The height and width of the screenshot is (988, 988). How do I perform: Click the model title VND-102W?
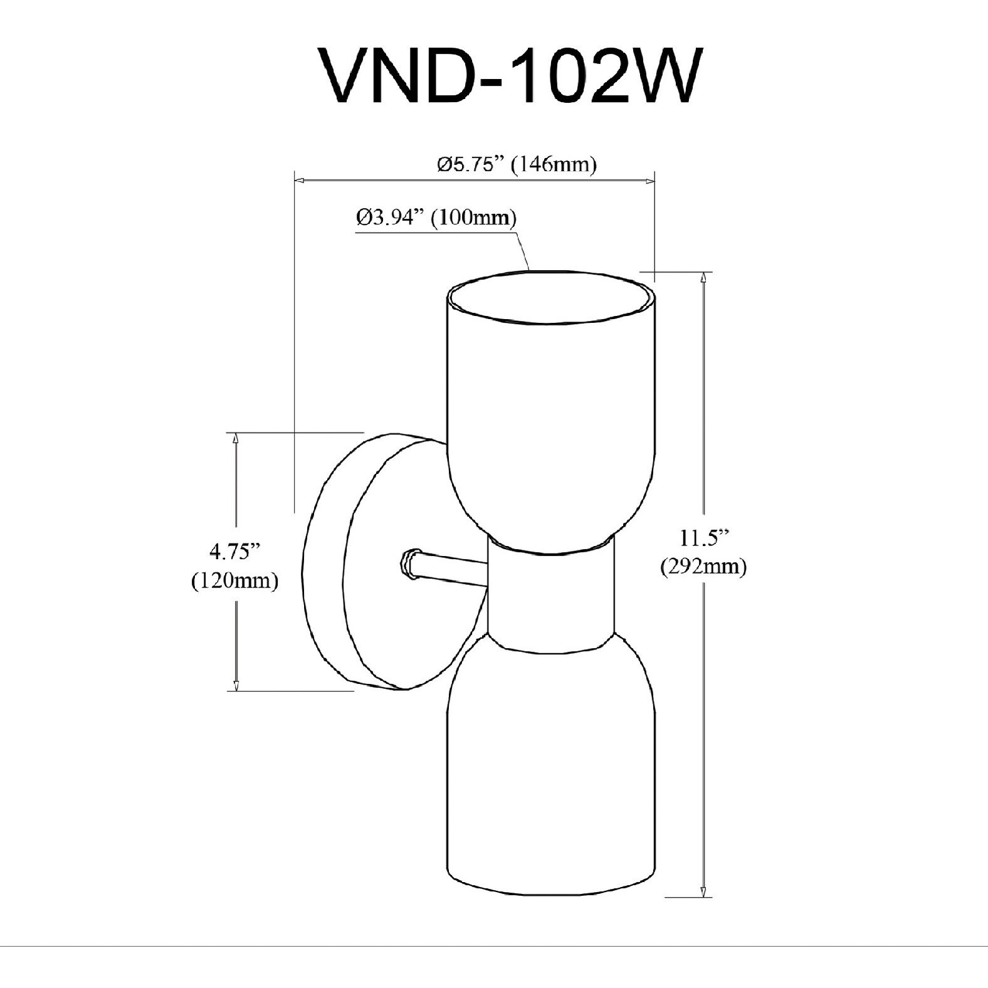508,77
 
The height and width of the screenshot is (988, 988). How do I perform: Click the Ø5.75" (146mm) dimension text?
516,165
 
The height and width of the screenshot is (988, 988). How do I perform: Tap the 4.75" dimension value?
234,552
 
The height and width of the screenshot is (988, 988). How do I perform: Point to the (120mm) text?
234,581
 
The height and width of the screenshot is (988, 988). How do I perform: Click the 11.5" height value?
703,538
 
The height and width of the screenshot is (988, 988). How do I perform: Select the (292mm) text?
703,567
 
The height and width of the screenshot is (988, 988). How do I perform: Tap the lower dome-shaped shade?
552,771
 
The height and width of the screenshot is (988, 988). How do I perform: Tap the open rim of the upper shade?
552,298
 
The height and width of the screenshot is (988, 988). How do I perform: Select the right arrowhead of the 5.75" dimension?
650,181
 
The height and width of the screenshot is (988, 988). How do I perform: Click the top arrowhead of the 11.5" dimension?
705,277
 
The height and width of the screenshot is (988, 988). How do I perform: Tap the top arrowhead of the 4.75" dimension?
236,438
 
